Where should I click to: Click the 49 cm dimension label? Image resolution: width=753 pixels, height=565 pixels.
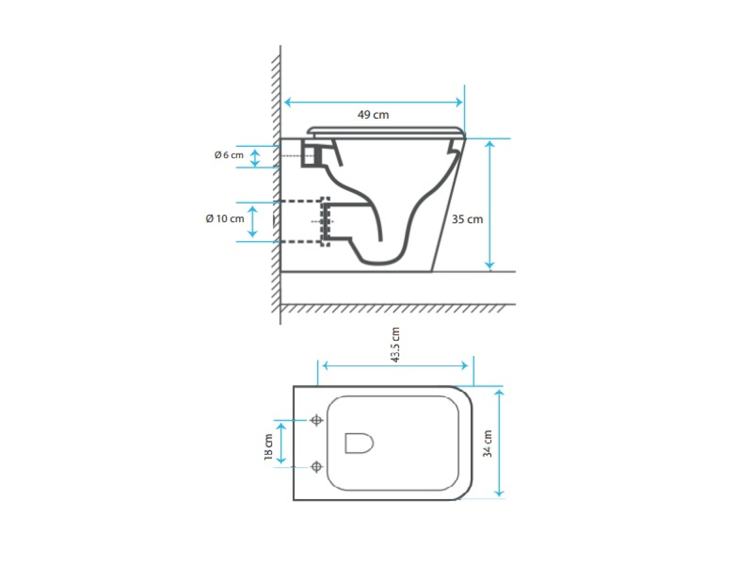point(373,115)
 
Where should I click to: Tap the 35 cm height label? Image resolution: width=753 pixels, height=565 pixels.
point(467,219)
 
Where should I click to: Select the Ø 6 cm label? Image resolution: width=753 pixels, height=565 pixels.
point(229,155)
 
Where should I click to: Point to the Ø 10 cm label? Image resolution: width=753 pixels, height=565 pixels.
point(225,218)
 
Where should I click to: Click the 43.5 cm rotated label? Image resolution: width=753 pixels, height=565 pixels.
point(395,345)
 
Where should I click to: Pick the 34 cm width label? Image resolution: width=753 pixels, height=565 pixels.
point(487,443)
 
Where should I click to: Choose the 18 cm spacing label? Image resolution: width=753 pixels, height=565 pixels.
point(268,447)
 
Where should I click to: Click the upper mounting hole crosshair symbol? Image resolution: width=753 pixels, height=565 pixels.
point(317,420)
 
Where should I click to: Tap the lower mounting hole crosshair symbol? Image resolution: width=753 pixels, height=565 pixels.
point(317,467)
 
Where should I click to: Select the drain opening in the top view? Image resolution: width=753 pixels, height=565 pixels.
point(359,443)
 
